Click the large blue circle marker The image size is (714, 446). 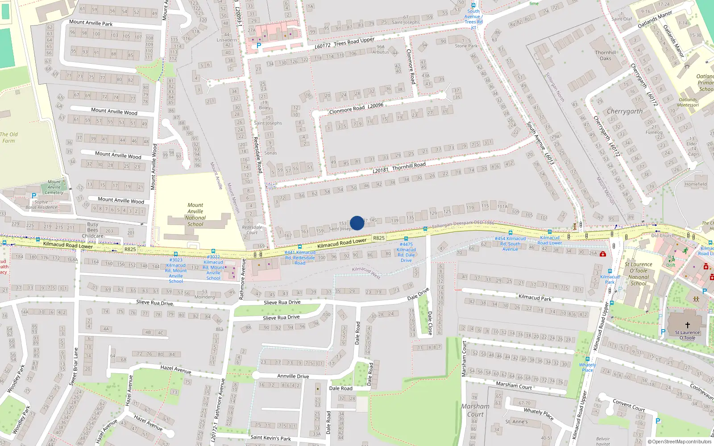357,223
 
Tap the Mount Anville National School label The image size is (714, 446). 195,215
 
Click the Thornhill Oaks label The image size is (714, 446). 606,55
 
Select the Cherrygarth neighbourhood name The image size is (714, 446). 625,111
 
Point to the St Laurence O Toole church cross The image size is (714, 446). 687,325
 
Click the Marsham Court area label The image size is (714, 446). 475,410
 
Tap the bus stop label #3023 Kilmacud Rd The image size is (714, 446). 176,270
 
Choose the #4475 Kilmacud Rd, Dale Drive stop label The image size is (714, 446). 406,252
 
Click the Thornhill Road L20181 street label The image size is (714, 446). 399,167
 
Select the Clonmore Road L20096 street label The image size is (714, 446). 356,108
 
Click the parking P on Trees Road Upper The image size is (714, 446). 258,45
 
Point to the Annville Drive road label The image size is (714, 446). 293,376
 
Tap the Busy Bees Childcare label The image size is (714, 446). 92,230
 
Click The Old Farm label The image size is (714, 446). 8,137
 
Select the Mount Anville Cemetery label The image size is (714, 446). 54,187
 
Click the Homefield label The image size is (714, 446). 695,184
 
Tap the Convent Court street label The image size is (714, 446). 628,405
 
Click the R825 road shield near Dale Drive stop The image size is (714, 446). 378,238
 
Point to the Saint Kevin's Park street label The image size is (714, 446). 270,438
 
